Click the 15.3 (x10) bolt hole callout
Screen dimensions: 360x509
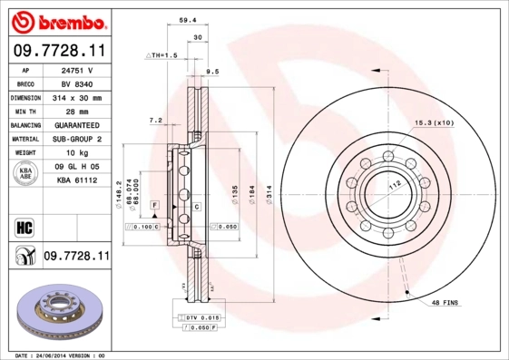433,122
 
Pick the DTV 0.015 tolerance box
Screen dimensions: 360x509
201,316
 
